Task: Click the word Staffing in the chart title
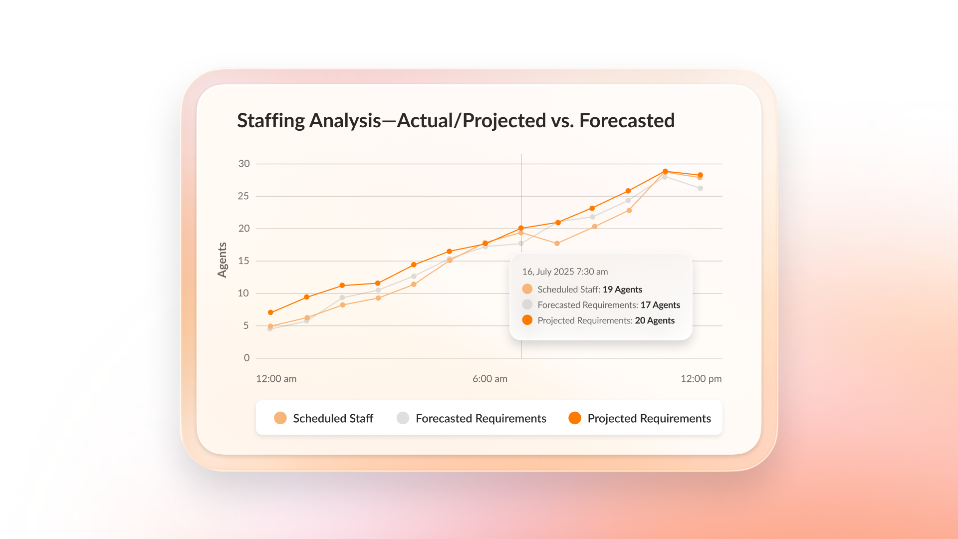tap(270, 121)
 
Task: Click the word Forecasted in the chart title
tap(627, 121)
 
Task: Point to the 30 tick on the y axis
tap(244, 164)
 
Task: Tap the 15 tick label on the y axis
tap(243, 261)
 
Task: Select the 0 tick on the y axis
tap(246, 358)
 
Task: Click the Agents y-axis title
tap(222, 260)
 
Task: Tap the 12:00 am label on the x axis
tap(276, 379)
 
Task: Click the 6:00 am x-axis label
tap(489, 379)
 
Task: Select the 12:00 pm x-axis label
tap(701, 379)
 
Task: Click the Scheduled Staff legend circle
tap(280, 418)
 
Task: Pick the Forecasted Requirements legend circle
tap(403, 418)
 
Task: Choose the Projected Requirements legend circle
tap(575, 418)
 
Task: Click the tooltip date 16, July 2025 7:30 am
tap(565, 272)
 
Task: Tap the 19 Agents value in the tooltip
tap(622, 289)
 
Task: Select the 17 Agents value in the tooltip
tap(660, 305)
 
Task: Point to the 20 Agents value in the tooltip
tap(655, 320)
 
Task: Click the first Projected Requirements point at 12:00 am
tap(270, 312)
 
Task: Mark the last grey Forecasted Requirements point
tap(700, 188)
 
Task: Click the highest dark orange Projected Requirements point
tap(665, 171)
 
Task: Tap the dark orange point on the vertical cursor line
tap(521, 228)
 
